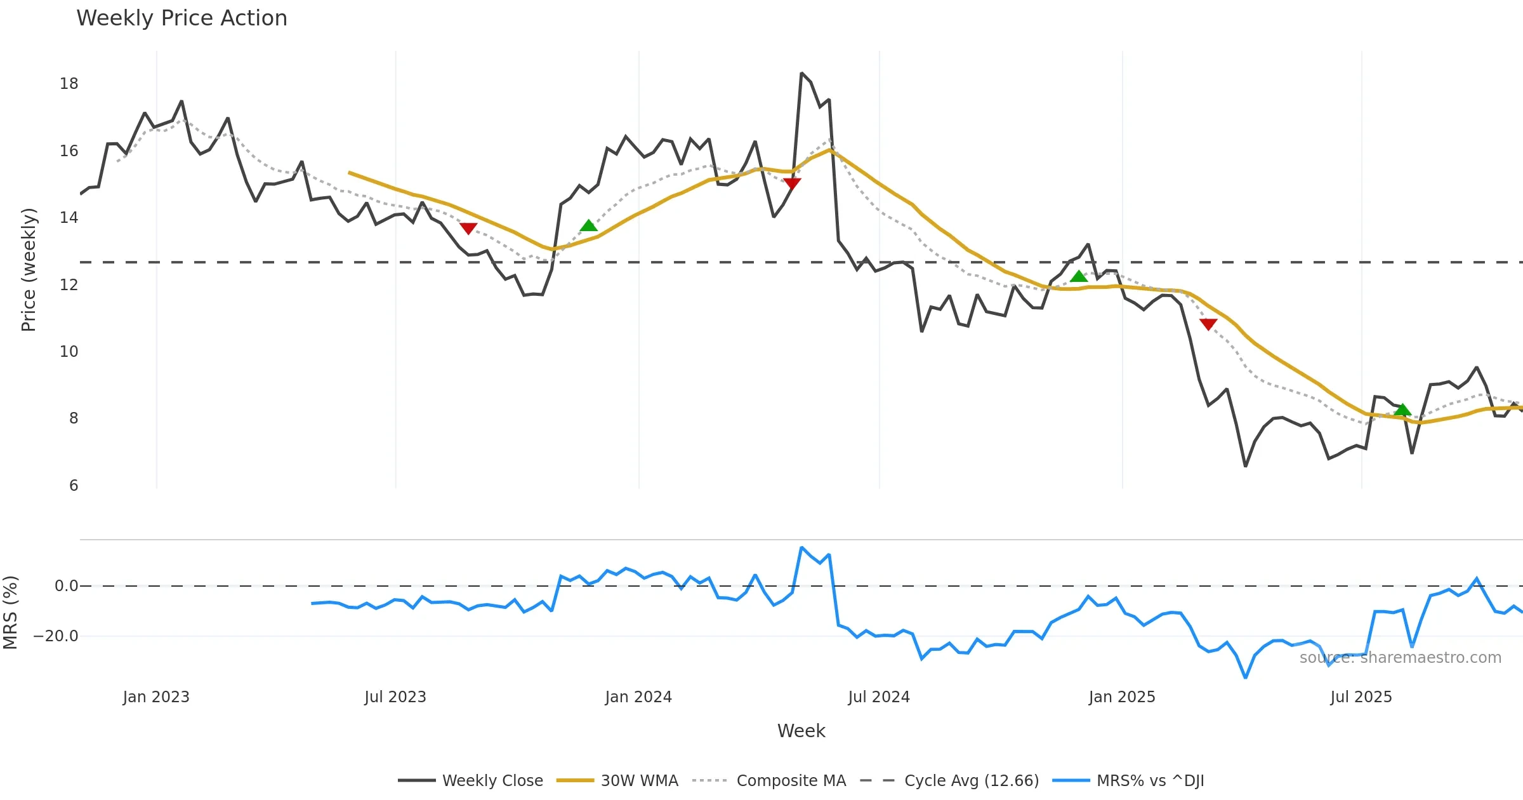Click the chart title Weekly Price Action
[x=181, y=18]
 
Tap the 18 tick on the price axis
[x=69, y=84]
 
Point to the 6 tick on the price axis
[x=74, y=486]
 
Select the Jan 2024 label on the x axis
[x=638, y=697]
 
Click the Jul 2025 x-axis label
[x=1361, y=697]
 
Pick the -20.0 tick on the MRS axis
[x=56, y=636]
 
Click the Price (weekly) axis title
[x=29, y=270]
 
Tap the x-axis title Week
[x=801, y=731]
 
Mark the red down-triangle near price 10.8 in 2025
[x=1208, y=324]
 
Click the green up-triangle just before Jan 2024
[x=588, y=225]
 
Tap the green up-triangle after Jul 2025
[x=1402, y=410]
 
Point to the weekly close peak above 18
[x=801, y=74]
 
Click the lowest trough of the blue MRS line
[x=1245, y=677]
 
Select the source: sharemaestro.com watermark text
[x=1400, y=658]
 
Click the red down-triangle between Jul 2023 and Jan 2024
[x=468, y=229]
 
